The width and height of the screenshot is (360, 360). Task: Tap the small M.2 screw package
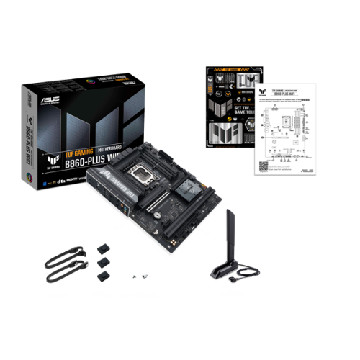click(142, 276)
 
